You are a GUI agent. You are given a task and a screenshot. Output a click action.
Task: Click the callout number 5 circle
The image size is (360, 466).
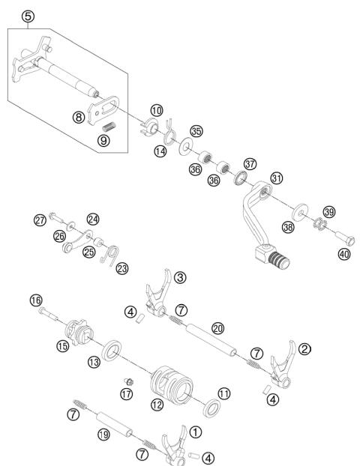click(28, 16)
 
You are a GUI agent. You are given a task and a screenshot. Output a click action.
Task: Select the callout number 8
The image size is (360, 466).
click(78, 117)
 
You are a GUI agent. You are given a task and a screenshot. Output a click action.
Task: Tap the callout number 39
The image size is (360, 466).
click(329, 211)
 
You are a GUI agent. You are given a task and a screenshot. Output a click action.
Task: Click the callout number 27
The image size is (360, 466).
click(40, 220)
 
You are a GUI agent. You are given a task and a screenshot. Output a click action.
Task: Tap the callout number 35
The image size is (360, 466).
click(196, 130)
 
